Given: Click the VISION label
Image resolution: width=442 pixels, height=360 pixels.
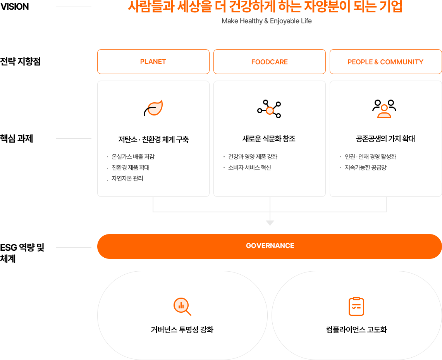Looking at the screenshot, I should click(x=15, y=7).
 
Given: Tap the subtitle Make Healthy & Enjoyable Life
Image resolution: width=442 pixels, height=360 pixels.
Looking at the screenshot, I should click(x=267, y=21).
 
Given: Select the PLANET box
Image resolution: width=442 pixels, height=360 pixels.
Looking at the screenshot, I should click(x=153, y=62).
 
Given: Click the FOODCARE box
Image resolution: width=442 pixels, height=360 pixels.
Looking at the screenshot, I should click(x=269, y=62).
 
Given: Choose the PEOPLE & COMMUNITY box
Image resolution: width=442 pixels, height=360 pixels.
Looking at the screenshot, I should click(x=385, y=62).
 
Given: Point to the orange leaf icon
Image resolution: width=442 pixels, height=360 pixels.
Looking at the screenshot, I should click(x=153, y=109).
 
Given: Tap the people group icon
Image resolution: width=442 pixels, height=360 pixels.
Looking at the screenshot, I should click(x=384, y=109).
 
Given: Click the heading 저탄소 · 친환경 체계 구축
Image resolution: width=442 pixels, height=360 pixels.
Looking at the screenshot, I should click(x=153, y=140).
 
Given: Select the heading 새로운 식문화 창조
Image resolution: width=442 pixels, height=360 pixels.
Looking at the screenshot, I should click(x=269, y=139).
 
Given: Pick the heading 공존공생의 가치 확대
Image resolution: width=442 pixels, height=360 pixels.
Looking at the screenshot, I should click(x=385, y=139).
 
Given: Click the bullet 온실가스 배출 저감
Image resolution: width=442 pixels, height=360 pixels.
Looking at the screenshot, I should click(x=133, y=157).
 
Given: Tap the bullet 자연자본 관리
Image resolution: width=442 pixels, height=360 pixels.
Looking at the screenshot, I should click(x=127, y=179).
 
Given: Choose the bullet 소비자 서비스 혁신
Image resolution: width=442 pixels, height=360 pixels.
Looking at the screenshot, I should click(x=249, y=168).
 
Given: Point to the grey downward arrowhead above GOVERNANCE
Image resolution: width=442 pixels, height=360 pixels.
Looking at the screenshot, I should click(x=270, y=223).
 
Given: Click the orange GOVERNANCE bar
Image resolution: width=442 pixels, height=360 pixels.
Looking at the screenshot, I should click(x=270, y=246).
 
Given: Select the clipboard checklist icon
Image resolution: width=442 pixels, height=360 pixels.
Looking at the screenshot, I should click(x=356, y=307).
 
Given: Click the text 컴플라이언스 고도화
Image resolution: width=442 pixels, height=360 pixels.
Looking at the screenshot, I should click(x=356, y=330).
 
